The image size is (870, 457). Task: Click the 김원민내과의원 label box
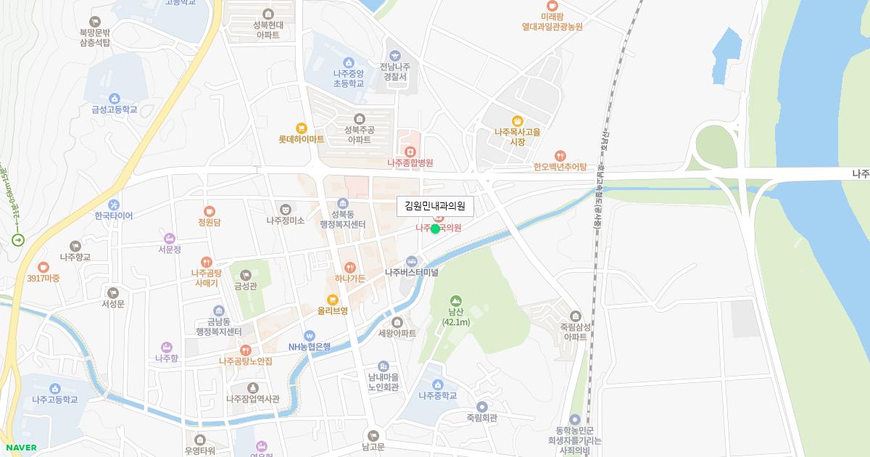point(435,207)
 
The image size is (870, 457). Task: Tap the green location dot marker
point(435,229)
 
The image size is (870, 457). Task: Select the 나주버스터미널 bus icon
point(412,261)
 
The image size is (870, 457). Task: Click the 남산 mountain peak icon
point(456,300)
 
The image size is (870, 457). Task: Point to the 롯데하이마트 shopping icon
point(301,128)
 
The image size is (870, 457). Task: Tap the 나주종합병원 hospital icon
point(410,152)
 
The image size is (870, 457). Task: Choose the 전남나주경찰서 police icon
point(394,55)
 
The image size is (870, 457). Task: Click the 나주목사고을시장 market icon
point(517,121)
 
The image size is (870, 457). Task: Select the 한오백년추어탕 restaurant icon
point(560,155)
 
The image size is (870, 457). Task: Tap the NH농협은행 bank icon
point(310,335)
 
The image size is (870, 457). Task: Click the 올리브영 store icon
point(333,299)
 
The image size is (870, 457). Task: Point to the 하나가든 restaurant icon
point(350,267)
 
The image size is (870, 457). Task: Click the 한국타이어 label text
point(109,215)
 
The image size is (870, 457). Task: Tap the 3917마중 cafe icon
point(43,267)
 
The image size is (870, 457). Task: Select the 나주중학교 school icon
point(437,384)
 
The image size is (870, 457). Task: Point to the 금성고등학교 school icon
point(114,99)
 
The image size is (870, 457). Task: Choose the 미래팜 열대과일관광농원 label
point(552,21)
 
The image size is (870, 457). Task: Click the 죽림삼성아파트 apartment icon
point(575,316)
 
